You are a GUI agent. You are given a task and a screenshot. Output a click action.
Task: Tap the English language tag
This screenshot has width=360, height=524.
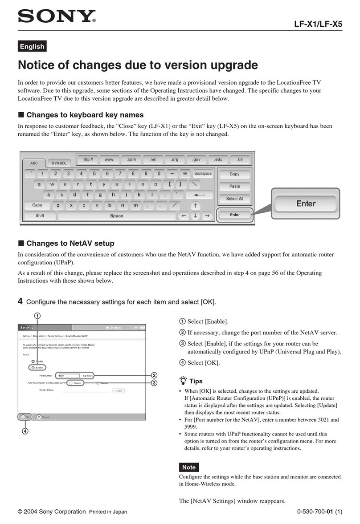(32, 46)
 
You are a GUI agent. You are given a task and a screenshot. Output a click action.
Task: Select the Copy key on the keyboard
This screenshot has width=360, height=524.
(234, 174)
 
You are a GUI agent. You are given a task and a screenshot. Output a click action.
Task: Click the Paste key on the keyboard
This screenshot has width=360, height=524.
(234, 186)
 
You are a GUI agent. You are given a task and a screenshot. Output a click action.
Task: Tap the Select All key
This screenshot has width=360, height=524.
(234, 199)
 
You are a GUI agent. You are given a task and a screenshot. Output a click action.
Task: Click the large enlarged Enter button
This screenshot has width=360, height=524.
(306, 203)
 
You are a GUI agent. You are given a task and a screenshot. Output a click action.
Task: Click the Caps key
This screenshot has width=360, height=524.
(37, 205)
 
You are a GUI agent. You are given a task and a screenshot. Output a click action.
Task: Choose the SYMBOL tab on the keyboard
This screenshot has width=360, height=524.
(58, 163)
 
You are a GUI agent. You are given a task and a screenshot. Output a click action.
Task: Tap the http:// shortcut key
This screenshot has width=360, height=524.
(88, 159)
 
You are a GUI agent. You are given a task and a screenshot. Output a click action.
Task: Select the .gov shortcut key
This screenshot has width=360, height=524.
(196, 159)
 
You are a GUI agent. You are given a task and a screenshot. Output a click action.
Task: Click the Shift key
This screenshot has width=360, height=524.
(40, 215)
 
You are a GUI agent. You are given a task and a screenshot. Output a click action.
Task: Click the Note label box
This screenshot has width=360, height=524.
(189, 467)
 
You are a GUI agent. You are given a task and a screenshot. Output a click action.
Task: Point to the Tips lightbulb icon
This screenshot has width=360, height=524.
(182, 381)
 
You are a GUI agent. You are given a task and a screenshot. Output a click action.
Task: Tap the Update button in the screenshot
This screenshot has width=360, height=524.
(118, 390)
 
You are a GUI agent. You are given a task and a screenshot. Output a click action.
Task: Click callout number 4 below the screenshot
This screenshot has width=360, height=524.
(25, 431)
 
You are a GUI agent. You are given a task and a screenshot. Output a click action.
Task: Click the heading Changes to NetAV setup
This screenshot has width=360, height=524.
(70, 244)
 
